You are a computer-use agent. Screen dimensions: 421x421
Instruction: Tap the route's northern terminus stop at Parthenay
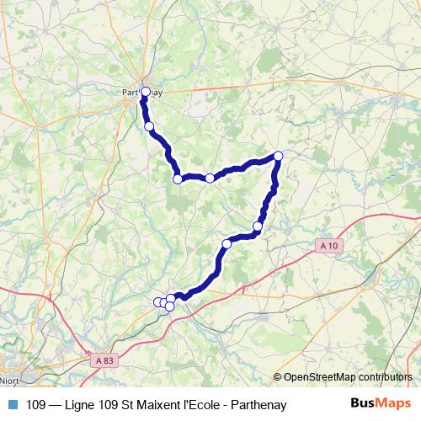[145, 92]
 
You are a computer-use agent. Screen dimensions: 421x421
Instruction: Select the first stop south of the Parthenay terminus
[149, 126]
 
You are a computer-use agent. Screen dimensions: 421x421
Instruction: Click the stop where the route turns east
[178, 179]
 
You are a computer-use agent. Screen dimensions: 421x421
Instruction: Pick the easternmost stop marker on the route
[278, 156]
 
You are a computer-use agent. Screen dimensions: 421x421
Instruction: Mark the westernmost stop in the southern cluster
[157, 301]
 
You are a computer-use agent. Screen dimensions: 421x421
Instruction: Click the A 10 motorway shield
[329, 245]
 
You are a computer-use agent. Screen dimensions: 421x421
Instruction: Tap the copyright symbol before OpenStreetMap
[279, 378]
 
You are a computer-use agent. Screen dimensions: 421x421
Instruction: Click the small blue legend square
[13, 405]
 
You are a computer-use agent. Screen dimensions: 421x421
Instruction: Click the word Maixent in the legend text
[159, 405]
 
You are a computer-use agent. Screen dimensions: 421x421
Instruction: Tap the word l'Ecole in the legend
[202, 405]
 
